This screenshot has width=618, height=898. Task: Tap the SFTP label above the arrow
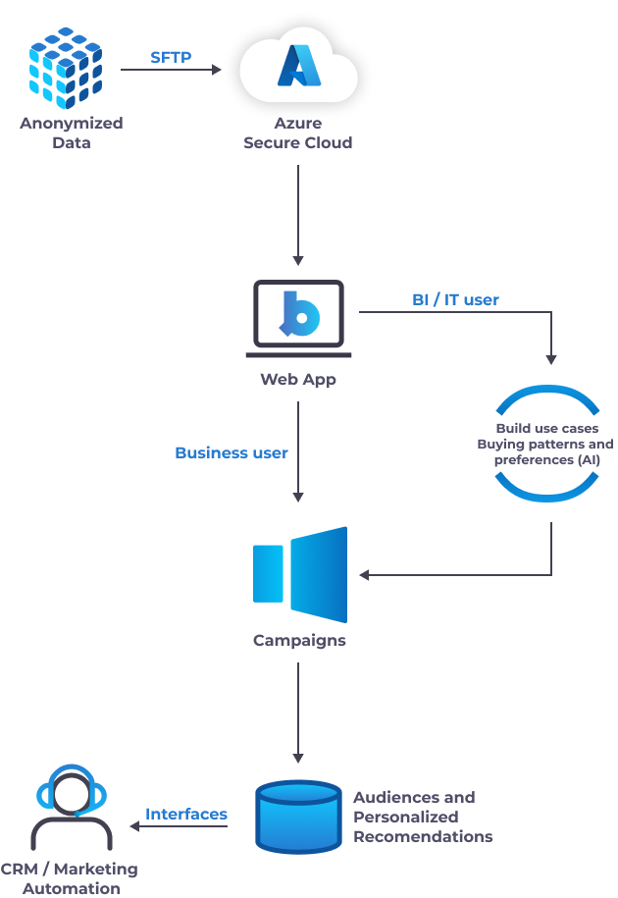(x=171, y=57)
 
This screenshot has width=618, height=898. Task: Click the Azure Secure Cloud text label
(x=298, y=133)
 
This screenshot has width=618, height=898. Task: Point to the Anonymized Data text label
(x=72, y=133)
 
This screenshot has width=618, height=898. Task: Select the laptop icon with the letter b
(x=298, y=315)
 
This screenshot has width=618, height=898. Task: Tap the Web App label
(x=298, y=379)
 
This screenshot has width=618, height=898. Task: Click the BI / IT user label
(x=455, y=299)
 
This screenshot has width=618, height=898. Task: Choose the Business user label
(x=232, y=452)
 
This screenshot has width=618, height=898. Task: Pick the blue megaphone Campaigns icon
(x=300, y=574)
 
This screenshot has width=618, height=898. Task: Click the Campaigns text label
(x=299, y=641)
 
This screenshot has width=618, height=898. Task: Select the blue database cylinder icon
(x=298, y=816)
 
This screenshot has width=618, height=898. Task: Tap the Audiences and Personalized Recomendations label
(x=422, y=817)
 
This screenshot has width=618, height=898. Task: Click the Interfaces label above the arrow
(x=186, y=815)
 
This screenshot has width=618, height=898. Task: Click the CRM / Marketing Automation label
(x=70, y=878)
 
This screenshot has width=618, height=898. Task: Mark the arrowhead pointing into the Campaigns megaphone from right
(x=365, y=575)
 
